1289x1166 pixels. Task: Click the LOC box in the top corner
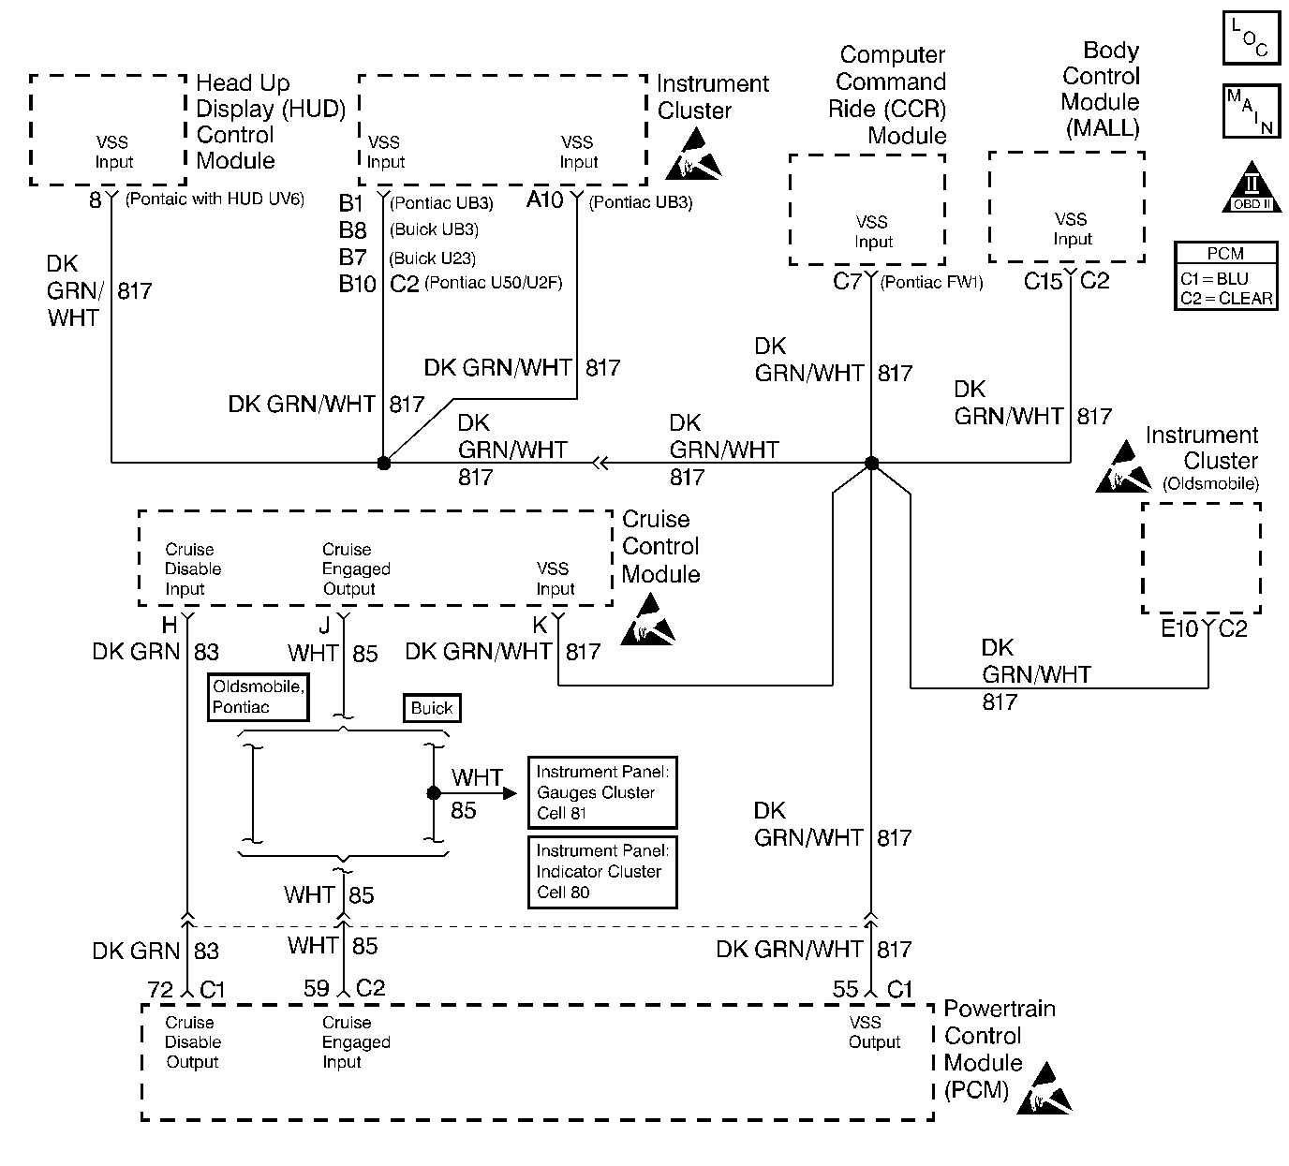point(1251,38)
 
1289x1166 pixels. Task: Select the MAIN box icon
point(1251,111)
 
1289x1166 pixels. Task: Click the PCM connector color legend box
point(1225,276)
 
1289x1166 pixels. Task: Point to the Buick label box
point(432,708)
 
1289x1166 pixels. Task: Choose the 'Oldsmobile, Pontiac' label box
point(258,697)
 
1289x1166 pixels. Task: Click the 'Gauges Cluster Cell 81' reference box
point(602,792)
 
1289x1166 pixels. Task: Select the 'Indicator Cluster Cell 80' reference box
point(602,871)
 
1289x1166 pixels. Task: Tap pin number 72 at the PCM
point(161,989)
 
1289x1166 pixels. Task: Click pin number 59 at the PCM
point(317,989)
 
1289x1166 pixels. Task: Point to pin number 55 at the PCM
point(845,989)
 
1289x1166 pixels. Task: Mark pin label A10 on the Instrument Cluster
point(545,199)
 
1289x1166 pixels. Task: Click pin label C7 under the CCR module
point(847,281)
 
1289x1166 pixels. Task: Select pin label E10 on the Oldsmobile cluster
point(1179,629)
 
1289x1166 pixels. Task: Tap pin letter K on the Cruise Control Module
point(541,626)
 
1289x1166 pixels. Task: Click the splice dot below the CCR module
point(871,463)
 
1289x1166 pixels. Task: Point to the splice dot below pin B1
point(383,463)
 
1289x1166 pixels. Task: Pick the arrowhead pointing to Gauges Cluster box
point(509,793)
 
